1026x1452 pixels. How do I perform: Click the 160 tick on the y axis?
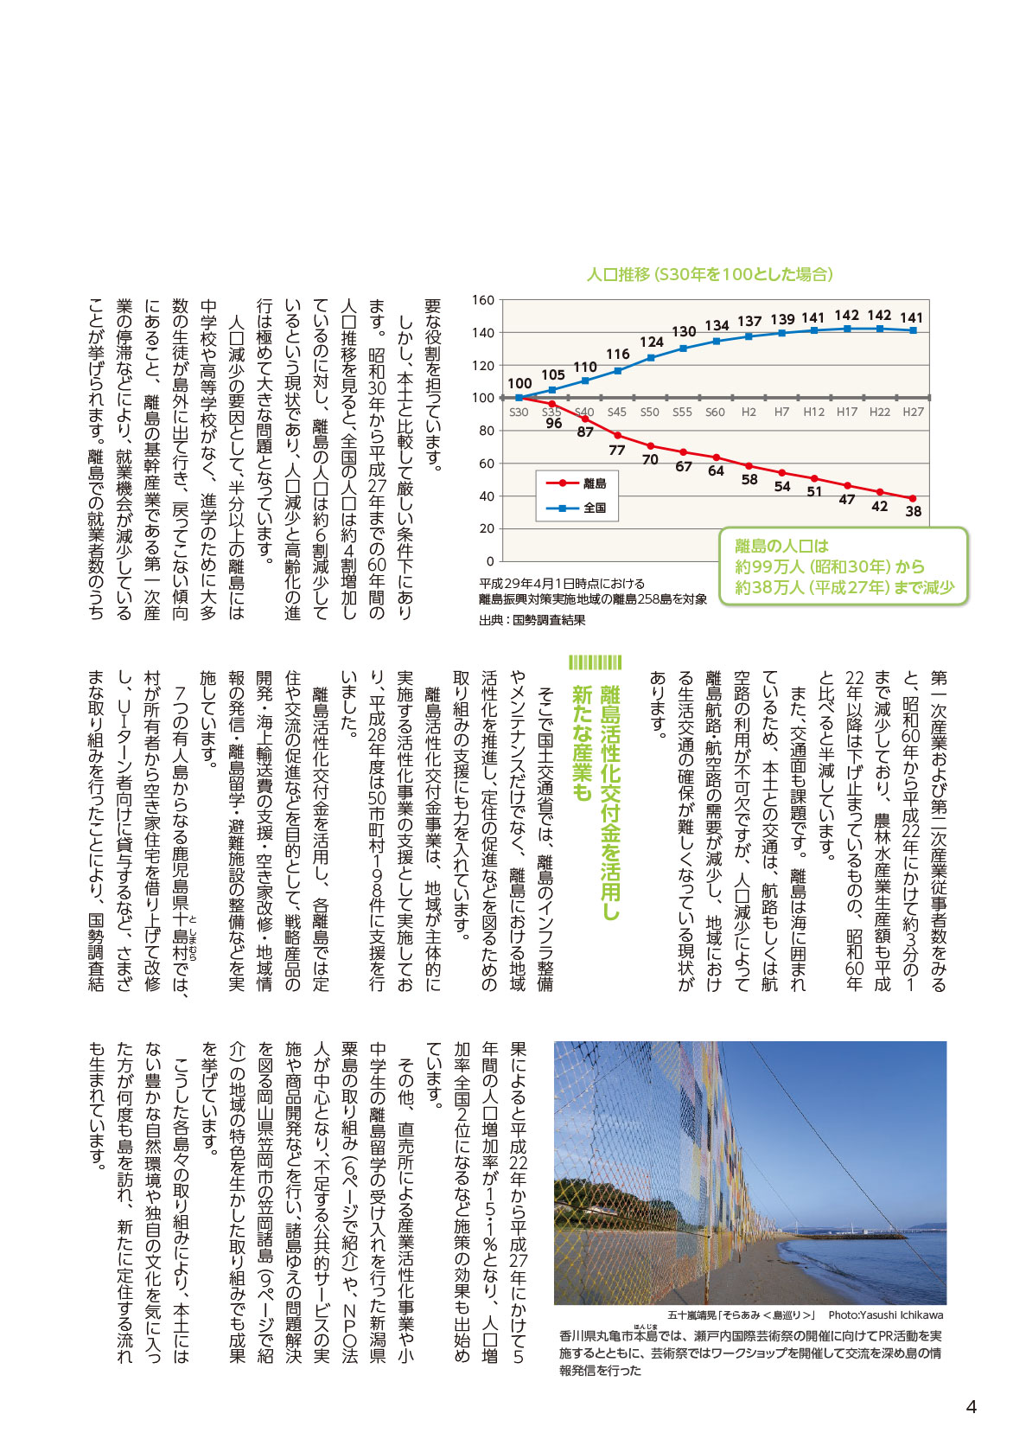pyautogui.click(x=483, y=300)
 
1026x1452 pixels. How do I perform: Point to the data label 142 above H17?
pyautogui.click(x=847, y=316)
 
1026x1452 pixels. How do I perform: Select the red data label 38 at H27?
pyautogui.click(x=913, y=511)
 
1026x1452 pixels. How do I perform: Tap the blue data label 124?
pyautogui.click(x=651, y=342)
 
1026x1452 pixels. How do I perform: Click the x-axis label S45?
pyautogui.click(x=616, y=413)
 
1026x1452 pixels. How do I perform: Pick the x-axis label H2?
pyautogui.click(x=749, y=413)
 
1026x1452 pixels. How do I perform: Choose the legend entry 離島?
pyautogui.click(x=595, y=483)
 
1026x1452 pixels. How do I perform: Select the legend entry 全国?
pyautogui.click(x=595, y=508)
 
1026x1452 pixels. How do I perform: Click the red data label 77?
pyautogui.click(x=616, y=450)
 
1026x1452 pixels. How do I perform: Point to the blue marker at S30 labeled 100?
pyautogui.click(x=519, y=398)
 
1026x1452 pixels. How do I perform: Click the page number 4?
pyautogui.click(x=971, y=1406)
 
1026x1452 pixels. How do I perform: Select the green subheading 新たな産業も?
pyautogui.click(x=582, y=743)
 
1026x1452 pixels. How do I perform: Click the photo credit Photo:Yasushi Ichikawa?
pyautogui.click(x=886, y=1314)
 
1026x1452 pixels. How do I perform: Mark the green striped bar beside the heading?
pyautogui.click(x=595, y=662)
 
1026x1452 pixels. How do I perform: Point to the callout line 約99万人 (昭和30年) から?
pyautogui.click(x=830, y=566)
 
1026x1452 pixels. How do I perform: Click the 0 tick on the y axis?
pyautogui.click(x=490, y=561)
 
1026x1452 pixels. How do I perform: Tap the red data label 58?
pyautogui.click(x=749, y=479)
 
